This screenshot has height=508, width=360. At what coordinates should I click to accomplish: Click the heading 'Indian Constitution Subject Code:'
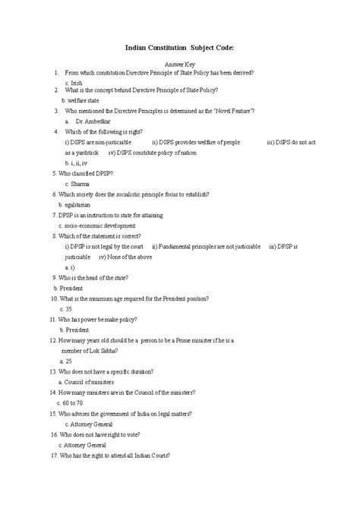[x=180, y=47]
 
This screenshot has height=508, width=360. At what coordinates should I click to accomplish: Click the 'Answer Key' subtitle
[x=180, y=65]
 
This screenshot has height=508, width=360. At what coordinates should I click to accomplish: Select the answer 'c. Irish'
[x=74, y=82]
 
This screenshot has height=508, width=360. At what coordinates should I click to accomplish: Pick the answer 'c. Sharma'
[x=78, y=184]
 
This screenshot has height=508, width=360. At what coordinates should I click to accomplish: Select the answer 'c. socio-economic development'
[x=97, y=226]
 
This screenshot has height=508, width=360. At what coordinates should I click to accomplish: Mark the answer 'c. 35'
[x=65, y=309]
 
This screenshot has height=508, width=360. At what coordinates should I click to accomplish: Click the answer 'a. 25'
[x=65, y=361]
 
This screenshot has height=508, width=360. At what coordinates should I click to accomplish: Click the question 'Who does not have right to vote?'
[x=103, y=434]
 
